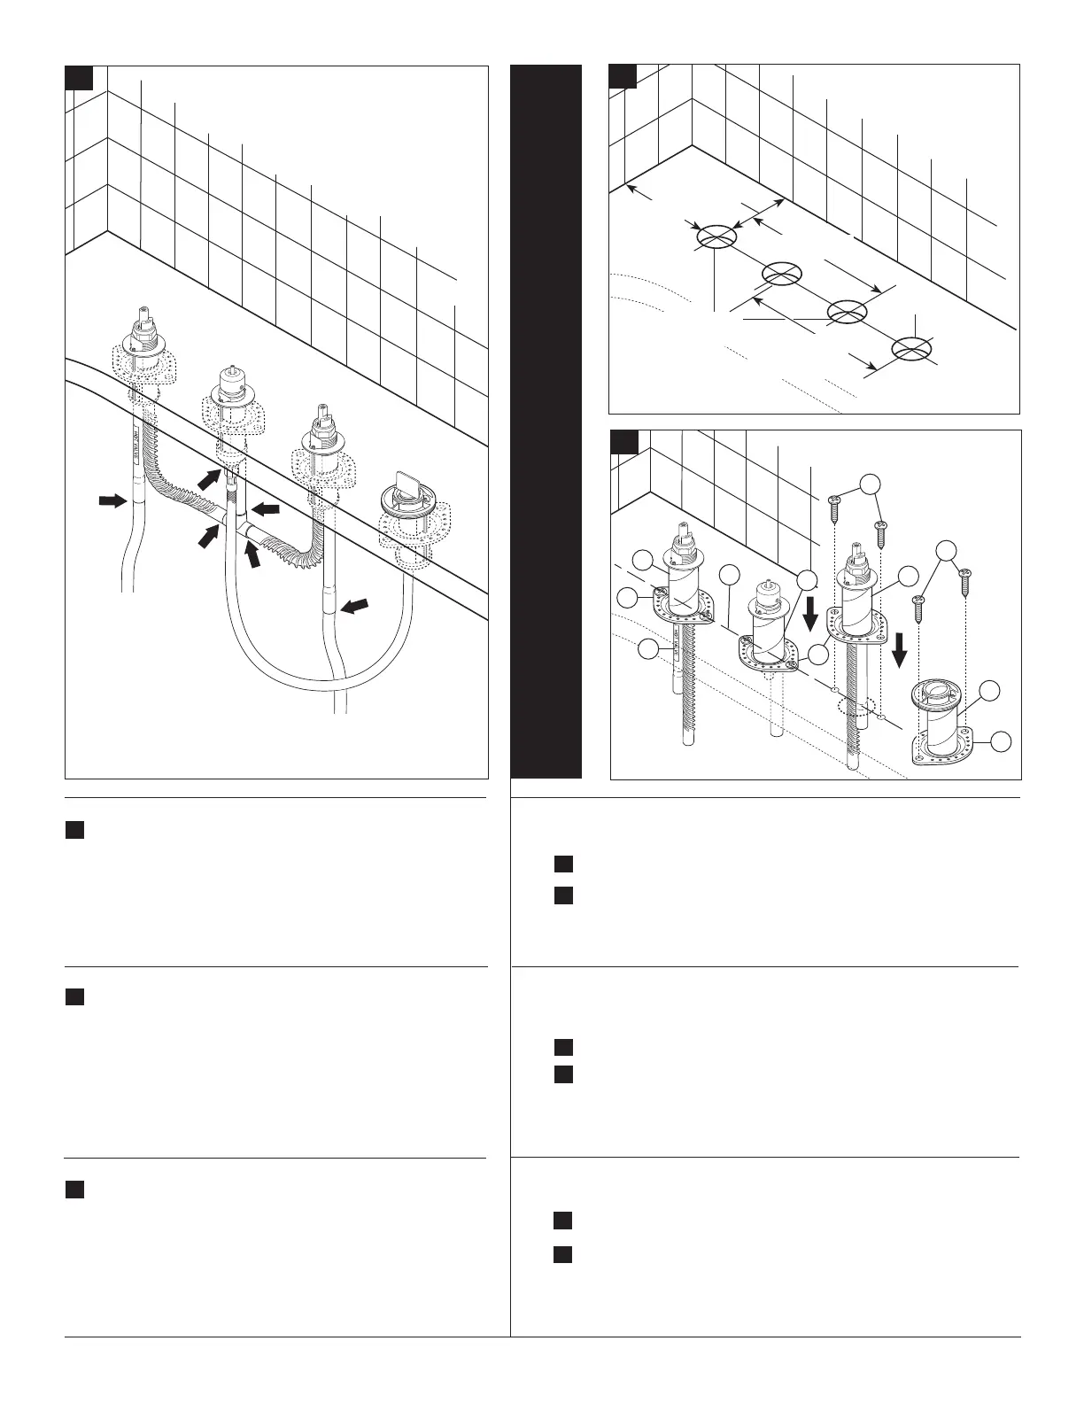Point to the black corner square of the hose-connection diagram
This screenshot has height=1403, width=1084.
click(x=78, y=78)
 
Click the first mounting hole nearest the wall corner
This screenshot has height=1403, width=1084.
click(x=716, y=236)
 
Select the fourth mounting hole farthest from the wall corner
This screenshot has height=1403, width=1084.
click(x=911, y=348)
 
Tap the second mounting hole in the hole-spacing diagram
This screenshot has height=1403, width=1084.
click(x=782, y=274)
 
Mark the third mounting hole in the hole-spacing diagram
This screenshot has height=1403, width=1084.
click(x=847, y=311)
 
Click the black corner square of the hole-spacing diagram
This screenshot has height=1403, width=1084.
click(x=623, y=76)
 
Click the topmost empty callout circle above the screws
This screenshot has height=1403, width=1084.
click(x=871, y=483)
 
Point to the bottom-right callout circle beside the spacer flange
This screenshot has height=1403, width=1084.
click(x=1001, y=742)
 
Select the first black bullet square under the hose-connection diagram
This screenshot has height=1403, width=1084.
click(x=74, y=830)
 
